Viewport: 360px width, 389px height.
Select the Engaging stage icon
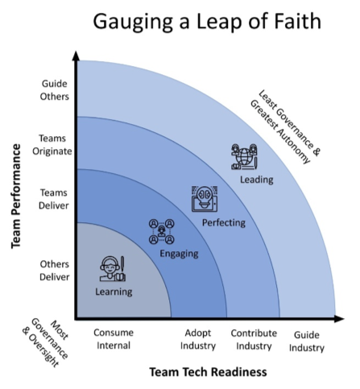click(x=161, y=231)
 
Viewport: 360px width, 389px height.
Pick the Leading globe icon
click(x=244, y=156)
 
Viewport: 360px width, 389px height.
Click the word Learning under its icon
click(x=114, y=292)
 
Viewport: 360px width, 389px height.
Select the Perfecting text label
click(x=224, y=221)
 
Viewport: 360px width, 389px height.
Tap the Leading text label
click(x=257, y=179)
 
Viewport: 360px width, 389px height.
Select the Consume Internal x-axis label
click(x=114, y=339)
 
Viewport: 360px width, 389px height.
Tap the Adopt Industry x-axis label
click(x=197, y=339)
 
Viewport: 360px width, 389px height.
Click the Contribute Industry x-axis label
click(x=254, y=339)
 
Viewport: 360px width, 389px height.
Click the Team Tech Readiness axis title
click(x=207, y=372)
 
